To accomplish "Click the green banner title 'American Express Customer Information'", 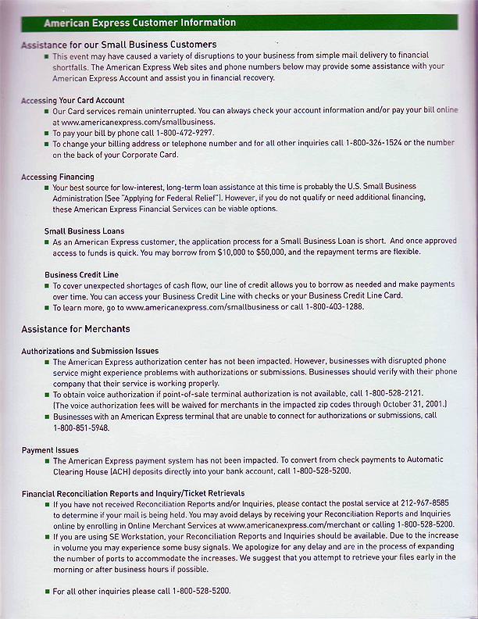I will coord(140,23).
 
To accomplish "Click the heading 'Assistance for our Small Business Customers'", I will coord(119,45).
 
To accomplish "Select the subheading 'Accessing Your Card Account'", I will coord(73,101).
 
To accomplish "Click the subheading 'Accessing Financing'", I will coord(58,177).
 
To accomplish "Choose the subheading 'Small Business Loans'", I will coord(84,231).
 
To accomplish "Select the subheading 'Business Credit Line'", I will coord(81,275).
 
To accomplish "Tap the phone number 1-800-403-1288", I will coord(334,307).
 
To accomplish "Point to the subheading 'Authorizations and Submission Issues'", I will coord(90,352).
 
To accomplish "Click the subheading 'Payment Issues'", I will coord(50,450).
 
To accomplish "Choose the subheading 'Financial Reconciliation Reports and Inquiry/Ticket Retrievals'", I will coord(133,494).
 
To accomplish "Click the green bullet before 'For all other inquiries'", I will coord(46,592).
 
